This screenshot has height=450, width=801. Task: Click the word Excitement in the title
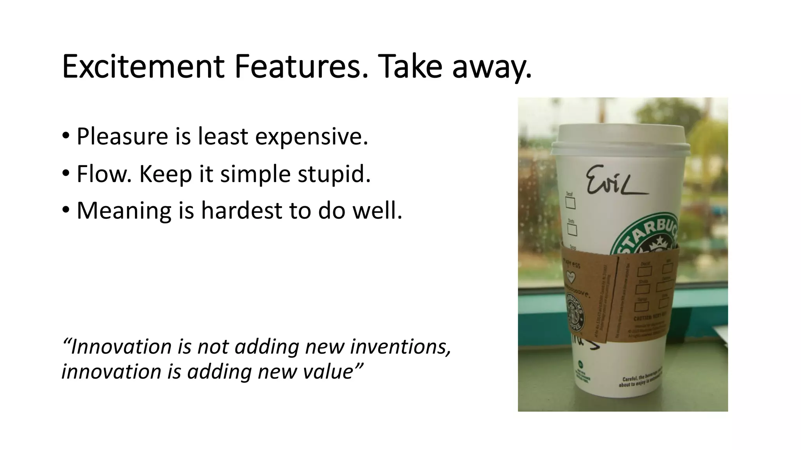[143, 66]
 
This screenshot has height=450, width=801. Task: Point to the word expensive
[311, 137]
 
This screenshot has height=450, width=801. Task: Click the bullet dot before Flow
[66, 173]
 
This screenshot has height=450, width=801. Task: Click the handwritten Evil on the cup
[614, 181]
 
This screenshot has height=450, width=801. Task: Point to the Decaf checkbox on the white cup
[570, 203]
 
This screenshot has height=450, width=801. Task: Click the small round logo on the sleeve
[575, 312]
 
